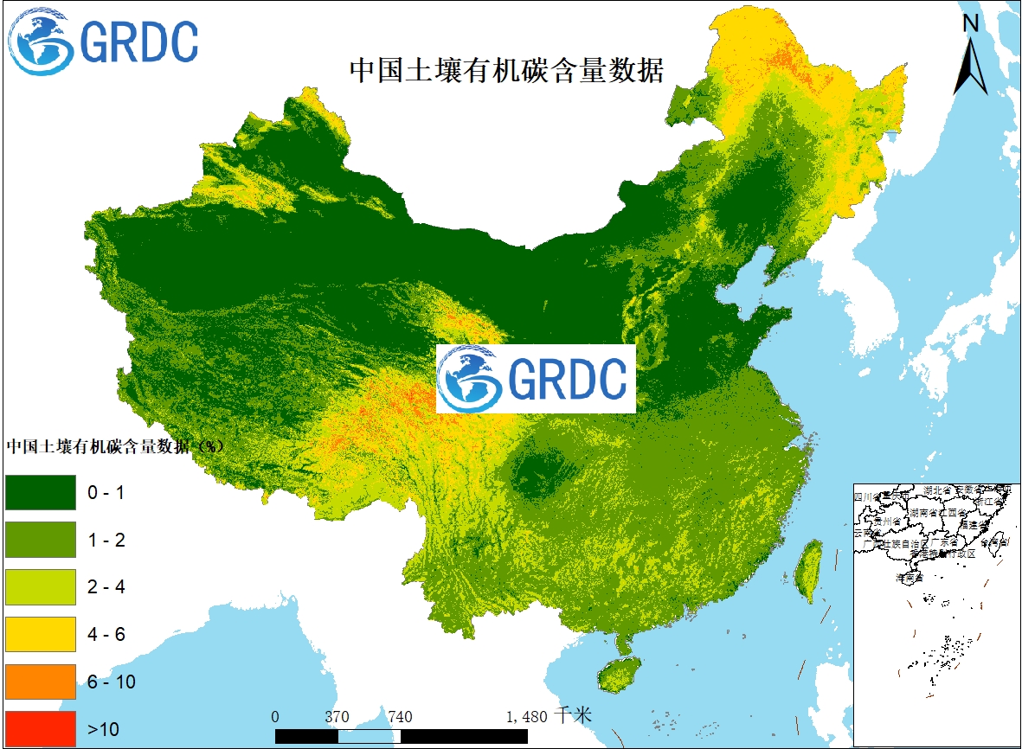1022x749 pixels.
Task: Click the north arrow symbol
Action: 971,57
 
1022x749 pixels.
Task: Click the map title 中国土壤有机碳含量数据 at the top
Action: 506,70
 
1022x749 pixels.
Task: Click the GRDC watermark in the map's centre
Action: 536,379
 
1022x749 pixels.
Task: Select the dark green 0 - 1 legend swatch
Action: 41,492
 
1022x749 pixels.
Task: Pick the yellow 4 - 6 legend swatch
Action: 41,634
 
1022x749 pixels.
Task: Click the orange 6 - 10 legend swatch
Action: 41,682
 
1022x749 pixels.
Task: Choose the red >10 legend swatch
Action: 41,728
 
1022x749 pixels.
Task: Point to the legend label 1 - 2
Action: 106,541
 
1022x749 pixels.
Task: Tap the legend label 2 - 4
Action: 106,587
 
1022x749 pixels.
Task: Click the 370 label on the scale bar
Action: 337,717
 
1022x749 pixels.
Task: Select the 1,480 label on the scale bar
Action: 526,717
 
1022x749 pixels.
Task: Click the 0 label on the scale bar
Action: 275,717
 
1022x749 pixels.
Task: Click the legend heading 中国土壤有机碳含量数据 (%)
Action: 115,447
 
